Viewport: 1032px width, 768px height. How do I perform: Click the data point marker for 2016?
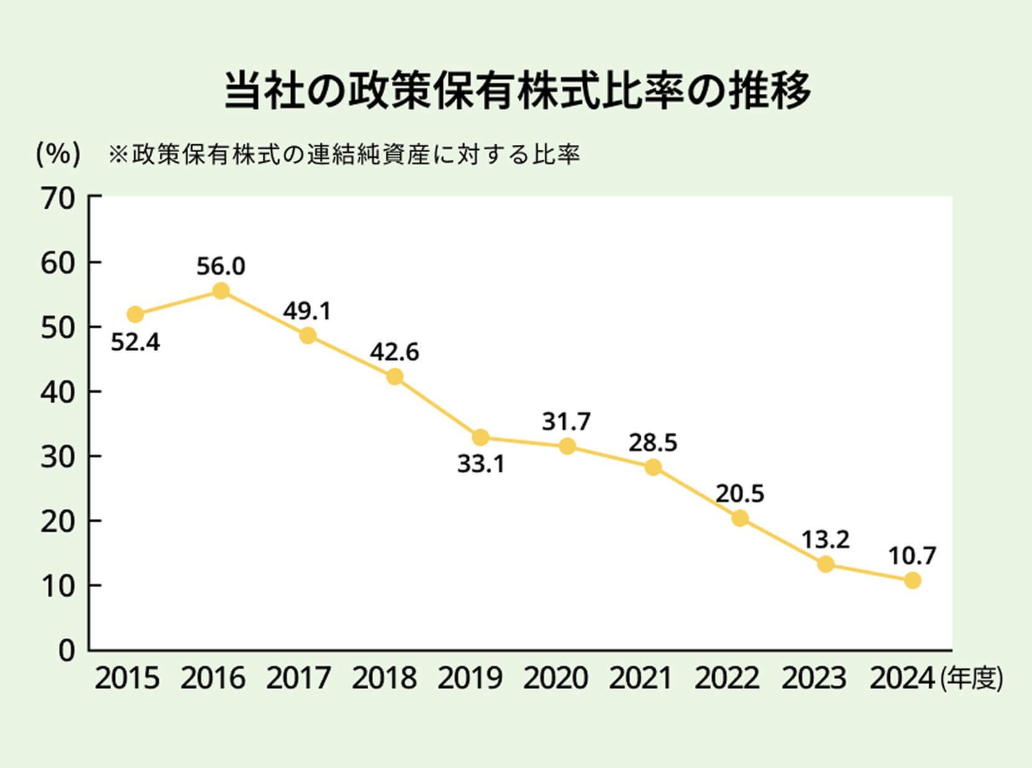click(220, 291)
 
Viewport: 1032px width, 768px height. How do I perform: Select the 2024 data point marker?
click(912, 580)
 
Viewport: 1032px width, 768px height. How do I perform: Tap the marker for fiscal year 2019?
click(480, 437)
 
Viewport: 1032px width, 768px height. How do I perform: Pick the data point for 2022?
click(740, 518)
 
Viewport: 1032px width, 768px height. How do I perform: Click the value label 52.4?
click(135, 342)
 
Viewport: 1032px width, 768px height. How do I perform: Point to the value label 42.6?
click(394, 352)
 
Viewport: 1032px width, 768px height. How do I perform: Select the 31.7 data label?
click(566, 423)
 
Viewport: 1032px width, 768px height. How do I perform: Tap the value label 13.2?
click(825, 540)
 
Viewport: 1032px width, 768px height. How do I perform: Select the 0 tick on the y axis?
click(66, 651)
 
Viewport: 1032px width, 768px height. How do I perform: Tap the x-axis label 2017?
click(298, 679)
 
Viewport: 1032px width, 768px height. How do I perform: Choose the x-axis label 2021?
click(640, 679)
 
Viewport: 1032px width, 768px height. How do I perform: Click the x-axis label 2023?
click(813, 679)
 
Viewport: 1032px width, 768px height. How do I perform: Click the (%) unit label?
click(58, 154)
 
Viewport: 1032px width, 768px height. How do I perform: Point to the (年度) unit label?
click(971, 679)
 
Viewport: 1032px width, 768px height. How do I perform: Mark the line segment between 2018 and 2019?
click(437, 407)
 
